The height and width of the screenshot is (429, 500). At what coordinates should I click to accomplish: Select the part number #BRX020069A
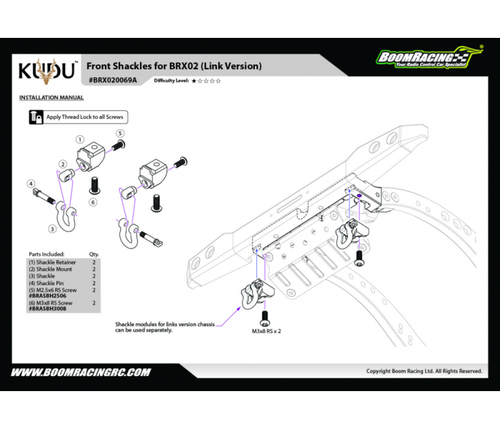click(111, 81)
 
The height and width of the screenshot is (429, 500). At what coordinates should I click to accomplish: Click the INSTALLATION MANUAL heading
click(51, 97)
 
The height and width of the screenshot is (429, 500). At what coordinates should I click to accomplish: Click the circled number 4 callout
click(31, 184)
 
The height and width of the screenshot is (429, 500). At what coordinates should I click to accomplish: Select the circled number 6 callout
click(93, 202)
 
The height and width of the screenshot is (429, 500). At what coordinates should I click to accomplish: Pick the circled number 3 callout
click(52, 229)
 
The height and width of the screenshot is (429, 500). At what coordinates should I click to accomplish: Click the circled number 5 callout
click(121, 133)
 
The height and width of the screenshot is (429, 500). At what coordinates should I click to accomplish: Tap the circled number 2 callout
click(62, 164)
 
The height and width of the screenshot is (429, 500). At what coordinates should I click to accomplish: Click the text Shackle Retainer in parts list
click(51, 262)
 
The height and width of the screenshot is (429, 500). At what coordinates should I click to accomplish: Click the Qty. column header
click(94, 254)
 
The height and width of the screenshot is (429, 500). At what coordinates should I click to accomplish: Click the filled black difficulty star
click(194, 81)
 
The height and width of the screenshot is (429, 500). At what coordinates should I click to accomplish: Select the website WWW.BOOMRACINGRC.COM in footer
click(80, 372)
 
